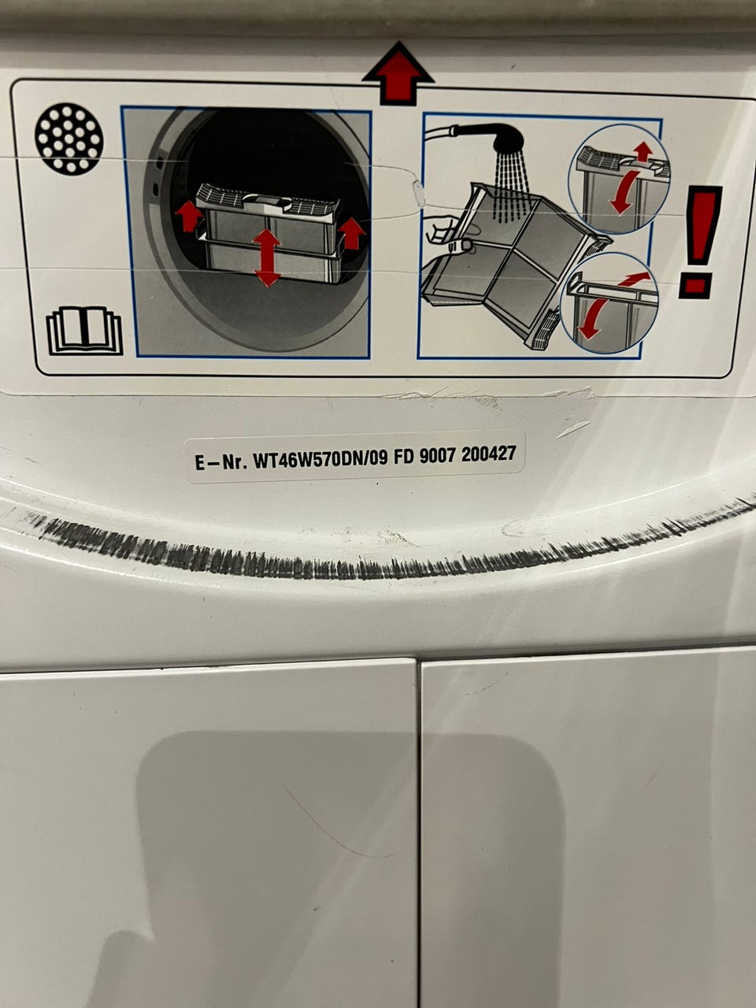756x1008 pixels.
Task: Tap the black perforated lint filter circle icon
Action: tap(69, 139)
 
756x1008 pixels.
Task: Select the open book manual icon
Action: tap(85, 331)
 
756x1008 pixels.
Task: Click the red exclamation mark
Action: tap(700, 242)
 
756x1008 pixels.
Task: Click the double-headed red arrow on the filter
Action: tap(267, 258)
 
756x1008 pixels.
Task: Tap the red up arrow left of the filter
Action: tap(189, 217)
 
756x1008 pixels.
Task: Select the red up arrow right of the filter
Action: tap(352, 233)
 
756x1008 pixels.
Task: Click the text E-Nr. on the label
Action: tap(220, 462)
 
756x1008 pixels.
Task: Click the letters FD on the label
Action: tap(404, 457)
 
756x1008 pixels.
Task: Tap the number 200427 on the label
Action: tap(489, 454)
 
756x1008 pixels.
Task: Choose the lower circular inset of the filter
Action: tap(609, 303)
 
